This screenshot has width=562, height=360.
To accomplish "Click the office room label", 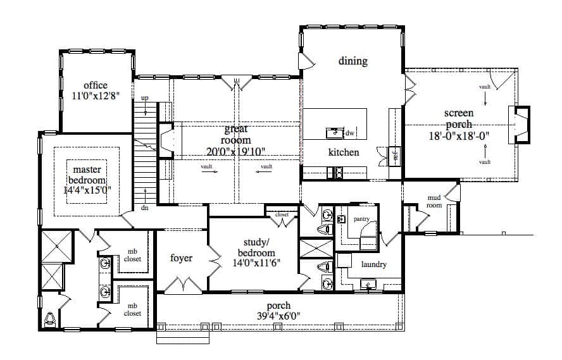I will point(95,85).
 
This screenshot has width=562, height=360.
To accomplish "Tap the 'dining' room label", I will point(353,61).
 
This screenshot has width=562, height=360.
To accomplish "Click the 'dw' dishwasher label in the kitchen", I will point(350,133).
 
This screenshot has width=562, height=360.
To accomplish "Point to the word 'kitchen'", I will point(344,152).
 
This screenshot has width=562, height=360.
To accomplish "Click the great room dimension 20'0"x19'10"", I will point(235,151).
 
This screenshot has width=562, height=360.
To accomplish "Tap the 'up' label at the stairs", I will point(145,98).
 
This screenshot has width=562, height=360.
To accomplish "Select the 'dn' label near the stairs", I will point(144,208).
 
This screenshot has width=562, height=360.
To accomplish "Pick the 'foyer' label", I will point(181,258).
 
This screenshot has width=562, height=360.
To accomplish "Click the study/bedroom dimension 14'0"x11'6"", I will point(253,263).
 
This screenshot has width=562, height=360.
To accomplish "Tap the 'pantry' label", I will point(361,219).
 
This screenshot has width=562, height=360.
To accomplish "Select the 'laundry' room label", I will point(373,264).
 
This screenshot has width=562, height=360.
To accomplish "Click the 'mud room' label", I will point(434,202).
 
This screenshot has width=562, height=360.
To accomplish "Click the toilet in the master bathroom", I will point(51,320).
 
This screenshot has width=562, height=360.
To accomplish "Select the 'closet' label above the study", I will point(282,214).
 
